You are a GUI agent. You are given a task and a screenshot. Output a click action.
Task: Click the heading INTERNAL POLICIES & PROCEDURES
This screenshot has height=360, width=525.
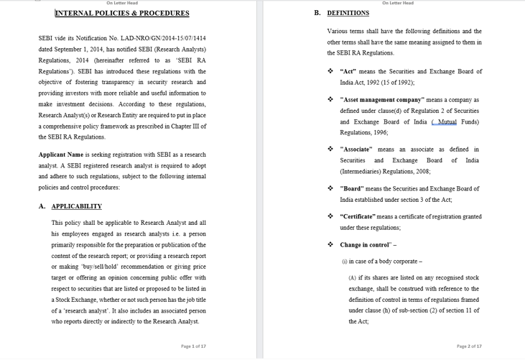[x=122, y=13]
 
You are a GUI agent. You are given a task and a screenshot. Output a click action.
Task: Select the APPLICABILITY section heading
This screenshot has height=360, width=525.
[x=77, y=206]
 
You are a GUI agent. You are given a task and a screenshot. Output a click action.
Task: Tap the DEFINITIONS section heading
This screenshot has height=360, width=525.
[x=348, y=13]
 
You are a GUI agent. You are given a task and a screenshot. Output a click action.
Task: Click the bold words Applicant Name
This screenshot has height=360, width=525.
[x=61, y=154]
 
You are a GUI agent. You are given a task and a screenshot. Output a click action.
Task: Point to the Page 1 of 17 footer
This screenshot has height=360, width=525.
[x=193, y=346]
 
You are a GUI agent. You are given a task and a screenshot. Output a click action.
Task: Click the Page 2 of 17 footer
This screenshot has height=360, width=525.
[x=469, y=346]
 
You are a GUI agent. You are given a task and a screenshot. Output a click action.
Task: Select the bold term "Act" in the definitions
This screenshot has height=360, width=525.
[x=348, y=72]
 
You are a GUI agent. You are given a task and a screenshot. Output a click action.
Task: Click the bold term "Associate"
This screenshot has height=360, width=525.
[x=356, y=149]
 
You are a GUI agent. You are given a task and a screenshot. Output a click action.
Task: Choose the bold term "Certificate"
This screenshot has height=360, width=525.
[x=358, y=216]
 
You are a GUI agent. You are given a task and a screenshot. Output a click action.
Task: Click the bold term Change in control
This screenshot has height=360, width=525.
[x=366, y=245]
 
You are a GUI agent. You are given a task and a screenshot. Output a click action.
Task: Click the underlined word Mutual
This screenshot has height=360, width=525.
[x=447, y=122]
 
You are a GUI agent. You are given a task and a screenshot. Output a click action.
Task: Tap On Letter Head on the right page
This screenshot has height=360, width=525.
[x=397, y=3]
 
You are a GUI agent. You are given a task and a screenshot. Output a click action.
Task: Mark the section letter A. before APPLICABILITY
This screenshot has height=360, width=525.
[x=42, y=206]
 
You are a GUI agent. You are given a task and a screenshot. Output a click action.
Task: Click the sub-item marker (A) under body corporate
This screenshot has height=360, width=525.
[x=353, y=278]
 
